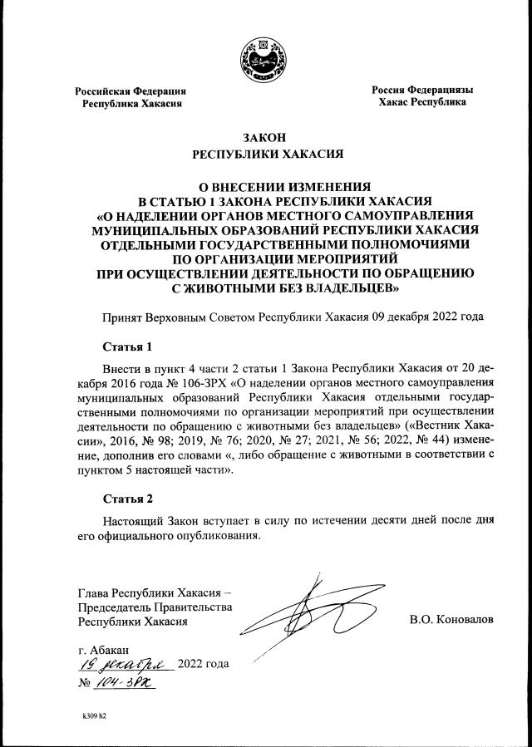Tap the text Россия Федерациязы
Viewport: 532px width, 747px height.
pyautogui.click(x=422, y=90)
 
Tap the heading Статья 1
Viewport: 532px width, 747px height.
pyautogui.click(x=128, y=346)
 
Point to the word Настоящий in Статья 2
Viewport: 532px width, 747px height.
pyautogui.click(x=131, y=519)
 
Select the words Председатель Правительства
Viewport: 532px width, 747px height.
pyautogui.click(x=155, y=607)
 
